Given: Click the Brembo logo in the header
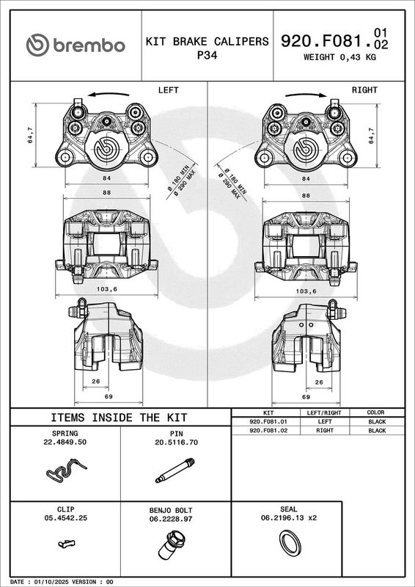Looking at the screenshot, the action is pos(76,45).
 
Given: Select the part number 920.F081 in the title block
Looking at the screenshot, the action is pos(326,41).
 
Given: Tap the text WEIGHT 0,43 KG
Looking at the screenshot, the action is pos(339,57).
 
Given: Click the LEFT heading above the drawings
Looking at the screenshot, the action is pos(169,90).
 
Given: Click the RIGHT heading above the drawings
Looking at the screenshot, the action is pos(364,90).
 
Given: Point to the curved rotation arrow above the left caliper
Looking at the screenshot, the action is pos(109,94).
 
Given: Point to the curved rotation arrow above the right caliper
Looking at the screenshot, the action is pos(306,95).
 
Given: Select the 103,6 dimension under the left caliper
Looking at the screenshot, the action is pos(106,289).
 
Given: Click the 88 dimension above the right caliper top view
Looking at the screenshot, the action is pos(306,195).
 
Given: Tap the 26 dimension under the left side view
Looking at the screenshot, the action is pos(96,382).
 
